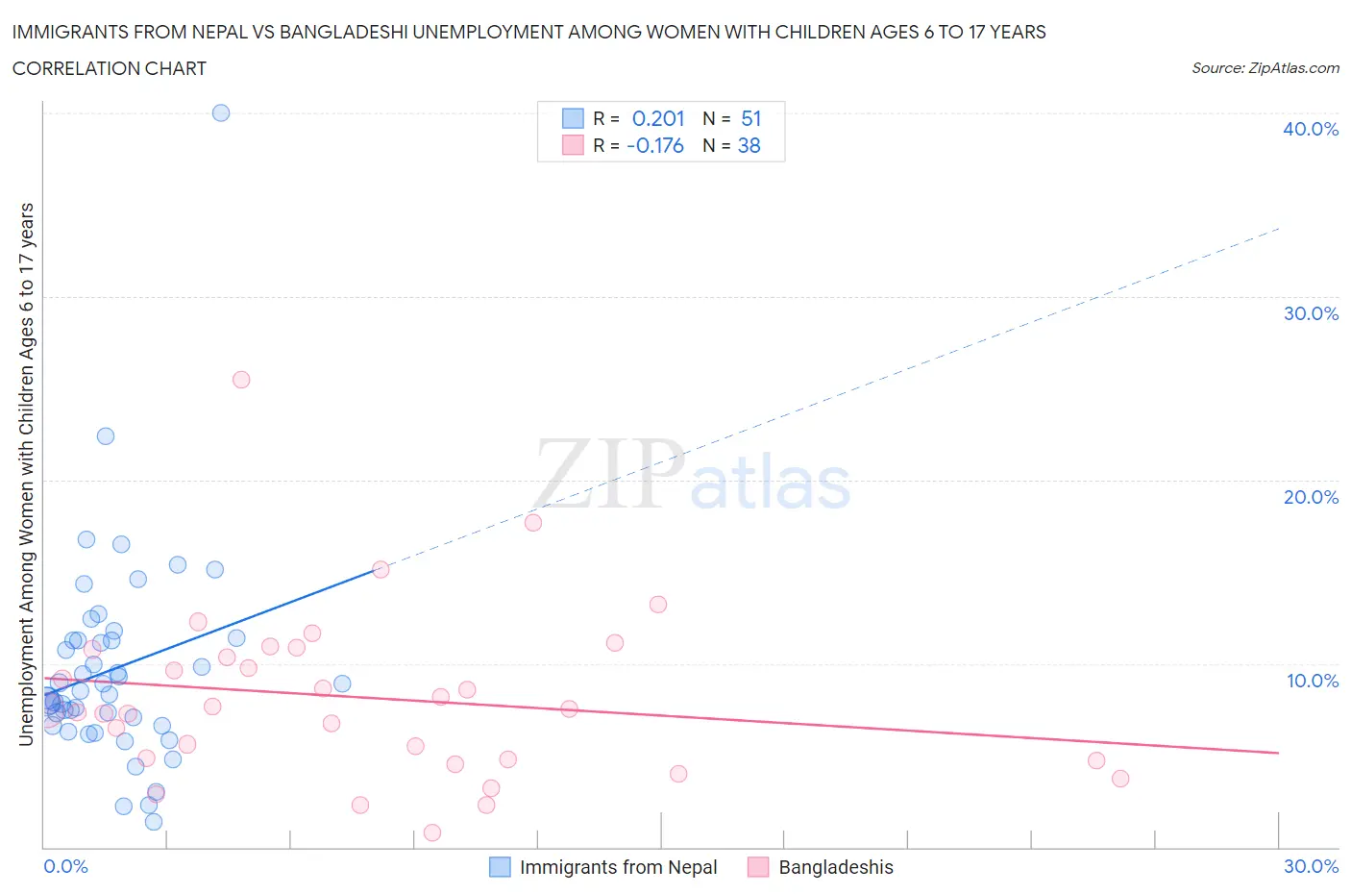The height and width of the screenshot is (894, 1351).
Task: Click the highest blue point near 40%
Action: [221, 112]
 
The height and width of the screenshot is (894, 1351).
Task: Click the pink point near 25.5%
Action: [241, 380]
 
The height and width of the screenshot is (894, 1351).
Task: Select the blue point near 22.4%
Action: [106, 436]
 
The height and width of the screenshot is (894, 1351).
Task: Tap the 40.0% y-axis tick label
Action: [1310, 129]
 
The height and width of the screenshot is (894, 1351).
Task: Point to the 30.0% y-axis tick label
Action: [1310, 313]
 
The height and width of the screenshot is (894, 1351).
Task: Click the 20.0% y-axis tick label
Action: [1310, 497]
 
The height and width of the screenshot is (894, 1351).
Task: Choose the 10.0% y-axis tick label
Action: [1312, 681]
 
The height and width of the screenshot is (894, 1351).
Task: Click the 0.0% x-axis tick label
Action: [65, 866]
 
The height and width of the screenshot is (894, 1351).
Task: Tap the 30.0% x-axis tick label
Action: [1311, 866]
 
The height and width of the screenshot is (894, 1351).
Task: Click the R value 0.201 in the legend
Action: [658, 118]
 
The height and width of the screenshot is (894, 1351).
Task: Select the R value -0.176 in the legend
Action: [655, 145]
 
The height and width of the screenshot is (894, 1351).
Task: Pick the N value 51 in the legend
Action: [750, 118]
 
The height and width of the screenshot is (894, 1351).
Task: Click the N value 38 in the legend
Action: [749, 145]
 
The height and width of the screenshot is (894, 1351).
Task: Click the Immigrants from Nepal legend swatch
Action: [500, 867]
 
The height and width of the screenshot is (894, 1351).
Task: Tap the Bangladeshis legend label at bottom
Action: [835, 867]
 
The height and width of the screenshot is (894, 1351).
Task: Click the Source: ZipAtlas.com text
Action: [1265, 68]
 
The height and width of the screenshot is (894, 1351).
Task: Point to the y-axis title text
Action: [26, 474]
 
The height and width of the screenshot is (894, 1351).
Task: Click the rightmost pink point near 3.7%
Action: [1120, 779]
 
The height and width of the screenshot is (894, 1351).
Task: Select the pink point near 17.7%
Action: [533, 523]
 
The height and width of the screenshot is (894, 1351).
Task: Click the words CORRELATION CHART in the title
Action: [110, 68]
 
